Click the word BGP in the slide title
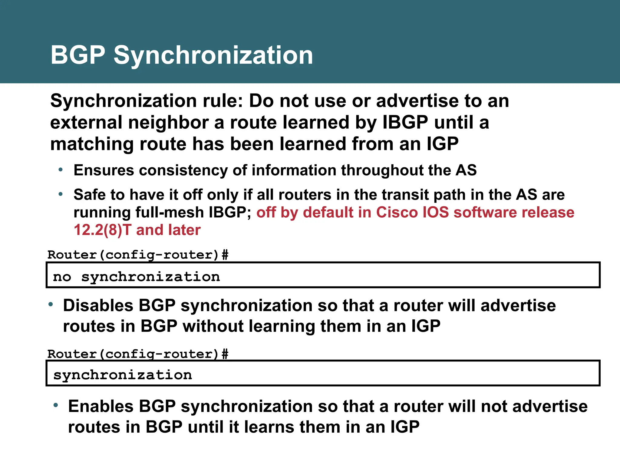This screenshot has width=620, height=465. tap(78, 55)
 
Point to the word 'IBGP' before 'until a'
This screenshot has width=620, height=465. tap(405, 122)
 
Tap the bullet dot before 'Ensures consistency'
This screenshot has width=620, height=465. tap(61, 170)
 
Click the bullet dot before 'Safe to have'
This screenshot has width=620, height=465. tap(61, 194)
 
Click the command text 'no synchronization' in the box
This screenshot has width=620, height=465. tap(136, 277)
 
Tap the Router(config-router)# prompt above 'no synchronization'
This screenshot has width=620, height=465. tap(138, 255)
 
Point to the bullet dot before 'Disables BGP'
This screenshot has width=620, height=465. tap(51, 304)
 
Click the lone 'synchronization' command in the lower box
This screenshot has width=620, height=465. tap(123, 375)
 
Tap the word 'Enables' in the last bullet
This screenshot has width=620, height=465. tap(101, 406)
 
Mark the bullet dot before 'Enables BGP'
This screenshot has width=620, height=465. tap(55, 405)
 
